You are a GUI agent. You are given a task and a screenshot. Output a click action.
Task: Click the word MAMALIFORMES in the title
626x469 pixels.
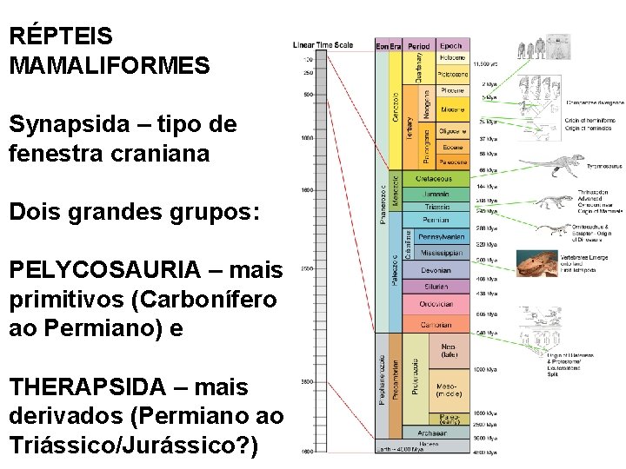coord(110,65)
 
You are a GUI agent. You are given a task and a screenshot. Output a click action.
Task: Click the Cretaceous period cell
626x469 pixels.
coord(436,177)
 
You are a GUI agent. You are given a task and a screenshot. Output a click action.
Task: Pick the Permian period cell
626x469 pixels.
coord(436,221)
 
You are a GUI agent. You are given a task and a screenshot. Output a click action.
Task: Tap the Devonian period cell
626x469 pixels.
coord(436,270)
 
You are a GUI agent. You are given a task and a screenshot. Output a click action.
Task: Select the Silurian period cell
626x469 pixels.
coord(436,285)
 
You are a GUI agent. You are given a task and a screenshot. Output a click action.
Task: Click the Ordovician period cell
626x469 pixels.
coord(436,304)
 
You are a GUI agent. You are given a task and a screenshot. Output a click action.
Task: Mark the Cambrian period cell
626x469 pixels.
coord(436,324)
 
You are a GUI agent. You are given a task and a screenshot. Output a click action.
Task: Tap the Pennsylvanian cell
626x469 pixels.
coord(442,236)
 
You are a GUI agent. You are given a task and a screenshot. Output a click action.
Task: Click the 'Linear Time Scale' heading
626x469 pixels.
coord(323,45)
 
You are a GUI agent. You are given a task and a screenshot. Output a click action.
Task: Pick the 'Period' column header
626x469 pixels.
coord(419,45)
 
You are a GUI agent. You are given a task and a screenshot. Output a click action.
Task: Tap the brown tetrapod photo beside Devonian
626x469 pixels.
coord(536,263)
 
